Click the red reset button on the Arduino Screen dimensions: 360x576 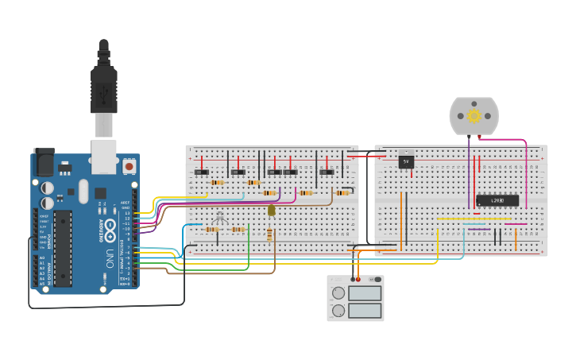click(129, 167)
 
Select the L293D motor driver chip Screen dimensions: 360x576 click(497, 200)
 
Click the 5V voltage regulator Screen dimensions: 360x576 click(406, 161)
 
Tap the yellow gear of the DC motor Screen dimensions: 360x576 click(474, 116)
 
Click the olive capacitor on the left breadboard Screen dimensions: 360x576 click(272, 211)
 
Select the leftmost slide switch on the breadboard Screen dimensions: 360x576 click(202, 172)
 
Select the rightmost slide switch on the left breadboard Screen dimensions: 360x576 click(327, 172)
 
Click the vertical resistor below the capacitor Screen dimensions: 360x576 click(272, 234)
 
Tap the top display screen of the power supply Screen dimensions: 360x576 click(365, 293)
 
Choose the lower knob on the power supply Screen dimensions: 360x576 click(338, 309)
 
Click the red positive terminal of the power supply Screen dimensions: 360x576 click(358, 280)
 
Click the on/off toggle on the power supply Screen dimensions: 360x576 click(376, 280)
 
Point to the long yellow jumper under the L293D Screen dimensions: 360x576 click(474, 219)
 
